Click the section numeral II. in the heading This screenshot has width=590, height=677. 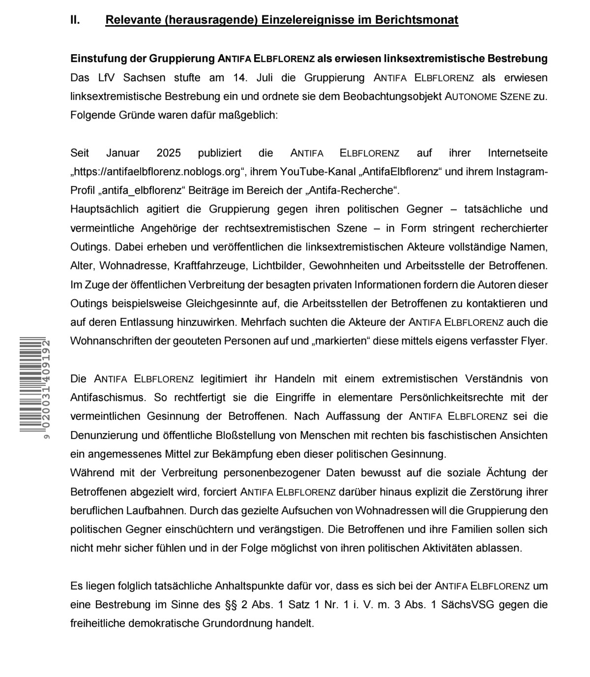pyautogui.click(x=75, y=20)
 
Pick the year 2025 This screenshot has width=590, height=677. pyautogui.click(x=169, y=153)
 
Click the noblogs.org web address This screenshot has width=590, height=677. pyautogui.click(x=157, y=172)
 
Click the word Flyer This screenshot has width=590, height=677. pyautogui.click(x=533, y=341)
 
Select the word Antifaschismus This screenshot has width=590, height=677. pyautogui.click(x=108, y=398)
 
